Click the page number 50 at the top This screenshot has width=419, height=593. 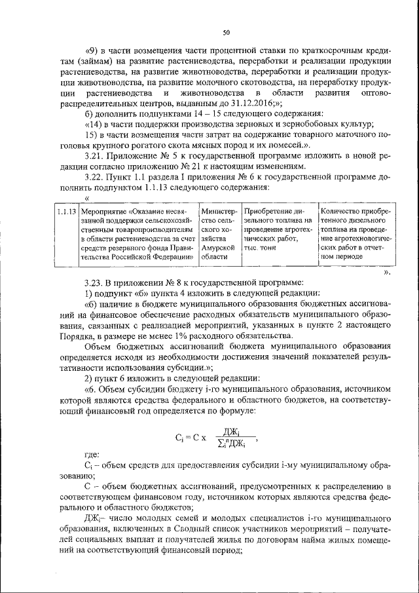225,32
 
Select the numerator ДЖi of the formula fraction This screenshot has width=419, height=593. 231,432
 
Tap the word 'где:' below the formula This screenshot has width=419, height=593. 93,453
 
